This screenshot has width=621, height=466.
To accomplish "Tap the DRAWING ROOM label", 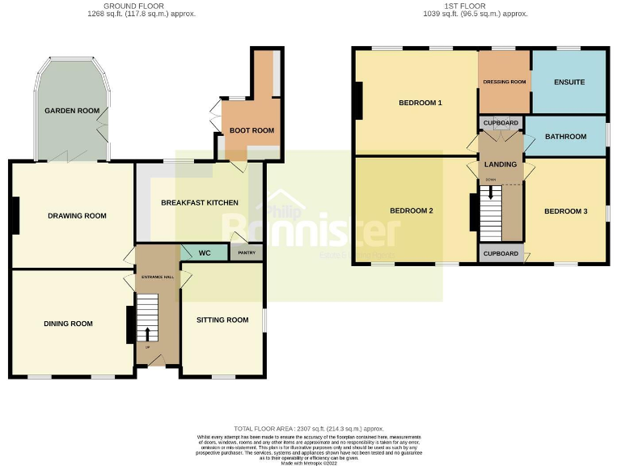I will point(77,216).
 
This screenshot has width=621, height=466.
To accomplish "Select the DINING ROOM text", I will point(68,324).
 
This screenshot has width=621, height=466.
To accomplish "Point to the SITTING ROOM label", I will point(222,320).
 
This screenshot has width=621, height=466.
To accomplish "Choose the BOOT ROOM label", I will point(251,130).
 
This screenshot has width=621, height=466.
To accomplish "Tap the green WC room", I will point(205,253).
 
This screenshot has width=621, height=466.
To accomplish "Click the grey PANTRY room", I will point(247,253).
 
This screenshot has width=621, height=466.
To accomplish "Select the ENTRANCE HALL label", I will point(158,277).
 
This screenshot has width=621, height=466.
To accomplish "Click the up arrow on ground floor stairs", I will point(147,333).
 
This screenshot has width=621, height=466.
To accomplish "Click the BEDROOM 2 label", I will point(412,211).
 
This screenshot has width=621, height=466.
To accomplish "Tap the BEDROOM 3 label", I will point(565,212).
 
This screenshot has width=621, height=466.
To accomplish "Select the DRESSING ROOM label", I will point(505,83).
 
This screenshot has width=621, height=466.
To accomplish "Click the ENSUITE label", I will point(569,83).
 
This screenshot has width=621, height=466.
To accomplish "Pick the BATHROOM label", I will point(565,137).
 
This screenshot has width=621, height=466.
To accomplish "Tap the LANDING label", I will point(501,165).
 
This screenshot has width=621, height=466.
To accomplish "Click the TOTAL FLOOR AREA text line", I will point(309,429).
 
